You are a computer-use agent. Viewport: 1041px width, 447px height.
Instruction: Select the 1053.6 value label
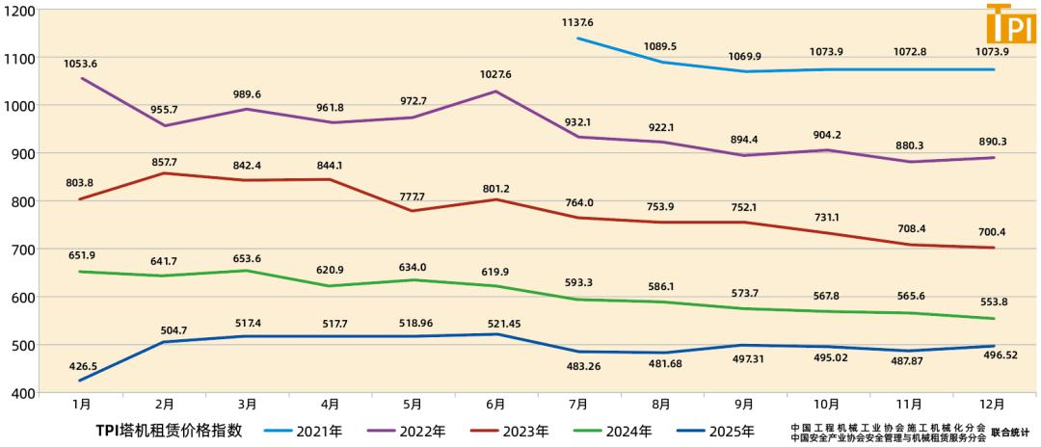[81, 64]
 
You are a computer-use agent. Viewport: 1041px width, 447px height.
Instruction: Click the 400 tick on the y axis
[23, 393]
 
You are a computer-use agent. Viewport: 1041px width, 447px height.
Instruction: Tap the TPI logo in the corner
[1011, 23]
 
